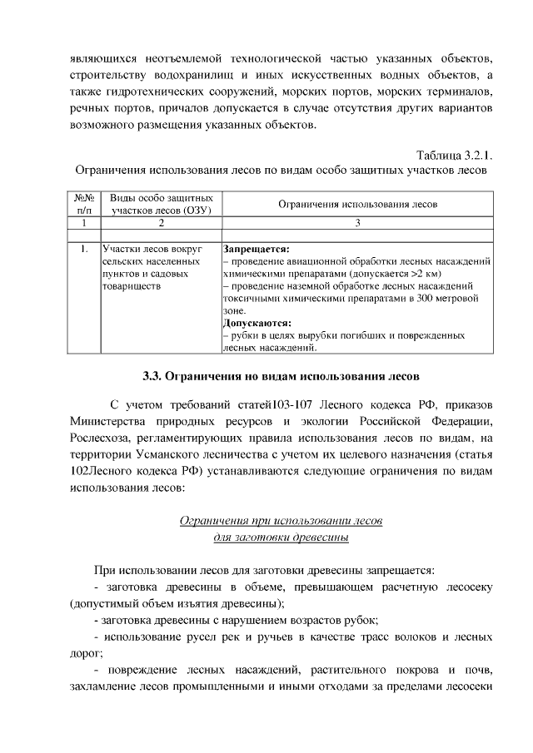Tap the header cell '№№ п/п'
pos(82,205)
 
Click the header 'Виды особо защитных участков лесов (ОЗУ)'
pos(160,205)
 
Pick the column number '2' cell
pos(160,224)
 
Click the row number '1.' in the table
pos(84,249)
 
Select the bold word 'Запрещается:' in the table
pos(257,249)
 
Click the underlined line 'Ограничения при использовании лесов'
pos(281,521)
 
